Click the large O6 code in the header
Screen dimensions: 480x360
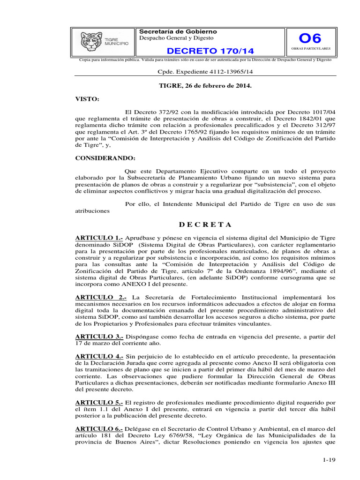click(x=310, y=38)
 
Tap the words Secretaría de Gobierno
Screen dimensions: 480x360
click(x=178, y=31)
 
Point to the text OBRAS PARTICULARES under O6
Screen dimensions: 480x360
click(x=311, y=49)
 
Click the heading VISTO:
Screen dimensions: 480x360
click(x=87, y=100)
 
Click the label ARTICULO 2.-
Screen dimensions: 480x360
click(x=101, y=297)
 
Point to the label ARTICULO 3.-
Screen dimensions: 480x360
click(x=99, y=337)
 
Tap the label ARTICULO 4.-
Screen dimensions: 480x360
click(x=99, y=356)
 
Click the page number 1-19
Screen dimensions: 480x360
click(x=330, y=460)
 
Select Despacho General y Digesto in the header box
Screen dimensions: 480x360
click(x=176, y=38)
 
